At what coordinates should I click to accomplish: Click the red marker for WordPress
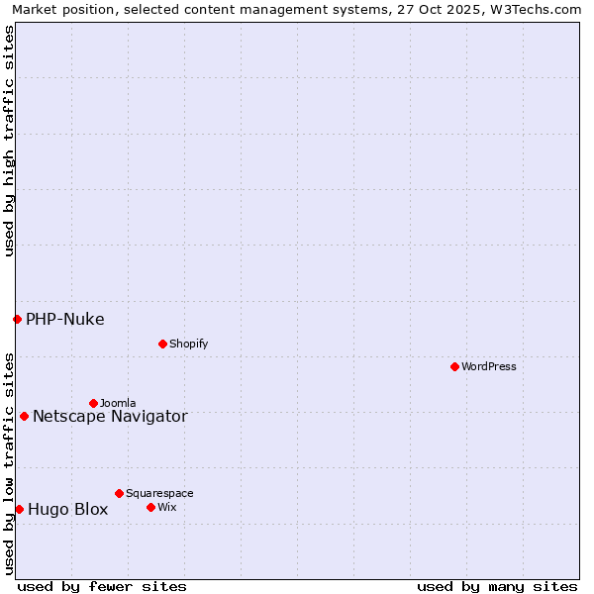click(454, 366)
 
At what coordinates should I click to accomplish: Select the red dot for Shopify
click(162, 344)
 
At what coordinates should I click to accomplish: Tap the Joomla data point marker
click(93, 403)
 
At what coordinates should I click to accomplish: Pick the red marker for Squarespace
click(119, 493)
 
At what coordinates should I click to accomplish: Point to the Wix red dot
click(150, 507)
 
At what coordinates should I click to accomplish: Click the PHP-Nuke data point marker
click(17, 319)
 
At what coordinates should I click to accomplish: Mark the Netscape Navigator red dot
click(24, 416)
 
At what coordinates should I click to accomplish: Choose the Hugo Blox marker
click(19, 509)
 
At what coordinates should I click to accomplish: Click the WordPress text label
click(489, 366)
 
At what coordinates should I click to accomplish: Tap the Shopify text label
click(188, 344)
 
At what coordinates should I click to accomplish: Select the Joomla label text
click(118, 403)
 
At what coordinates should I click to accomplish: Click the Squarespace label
click(159, 493)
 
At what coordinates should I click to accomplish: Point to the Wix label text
click(166, 507)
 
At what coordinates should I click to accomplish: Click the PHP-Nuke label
click(65, 319)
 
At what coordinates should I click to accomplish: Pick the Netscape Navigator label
click(110, 416)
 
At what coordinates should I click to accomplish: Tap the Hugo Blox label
click(68, 510)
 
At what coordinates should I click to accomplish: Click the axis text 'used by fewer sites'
click(102, 586)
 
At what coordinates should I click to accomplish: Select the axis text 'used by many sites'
click(497, 586)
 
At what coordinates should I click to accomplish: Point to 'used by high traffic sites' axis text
click(9, 141)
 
